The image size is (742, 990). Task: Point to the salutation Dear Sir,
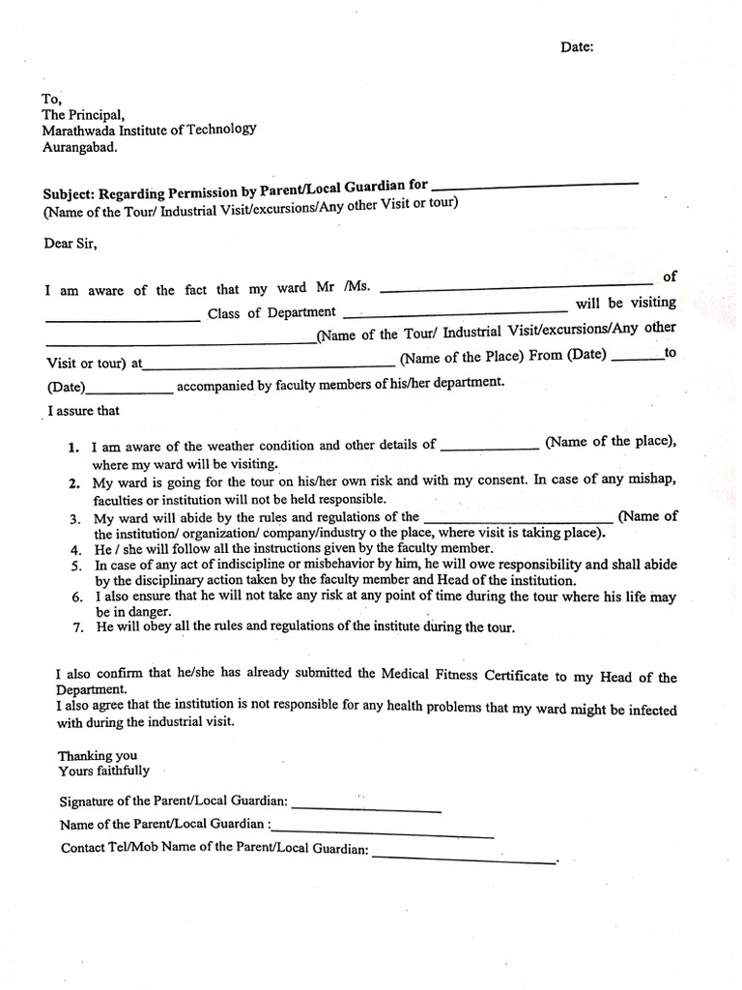(70, 244)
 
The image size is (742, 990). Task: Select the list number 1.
(73, 448)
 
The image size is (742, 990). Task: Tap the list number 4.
(74, 549)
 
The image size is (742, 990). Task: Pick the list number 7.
(77, 628)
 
